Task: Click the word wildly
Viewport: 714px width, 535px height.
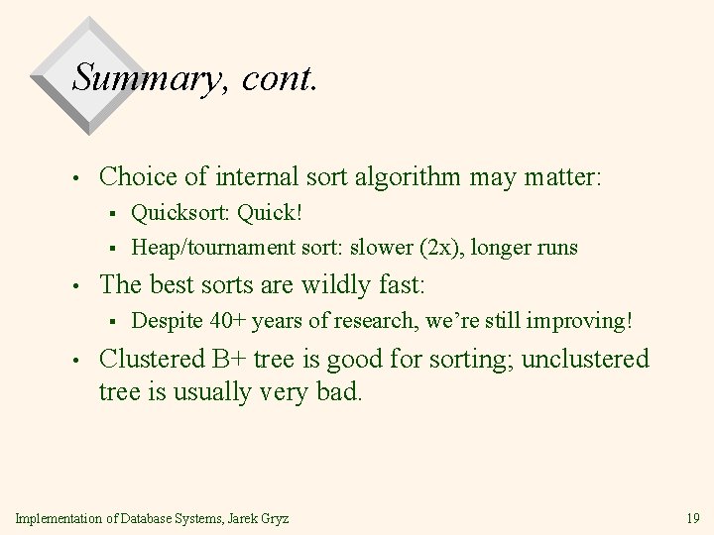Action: (321, 286)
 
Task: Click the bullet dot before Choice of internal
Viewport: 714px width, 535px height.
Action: (75, 179)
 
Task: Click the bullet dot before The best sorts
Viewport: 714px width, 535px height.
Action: (75, 287)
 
